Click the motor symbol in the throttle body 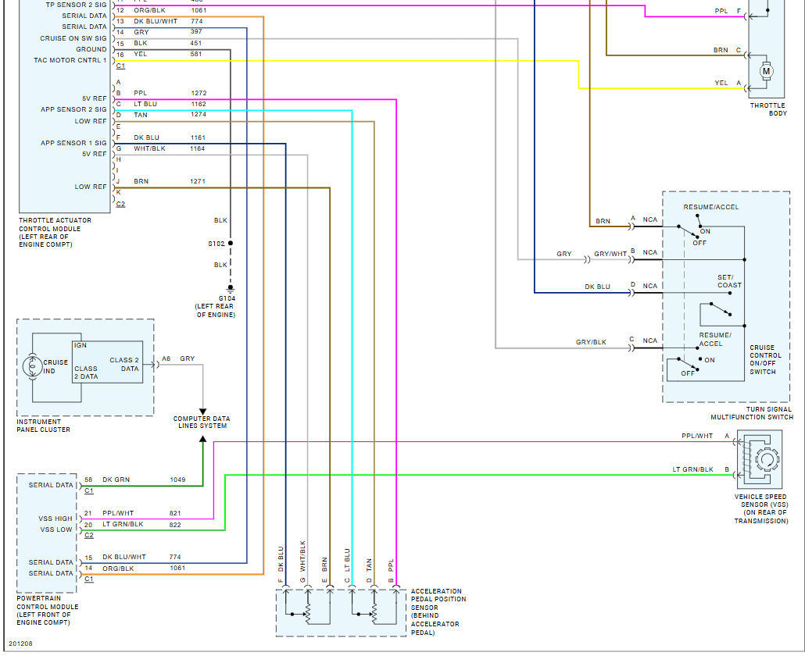click(x=766, y=71)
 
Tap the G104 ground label click(x=227, y=298)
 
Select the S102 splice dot click(x=230, y=244)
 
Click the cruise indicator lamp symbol click(x=32, y=365)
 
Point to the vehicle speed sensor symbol click(x=762, y=462)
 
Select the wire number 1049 click(x=177, y=480)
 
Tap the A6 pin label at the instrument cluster click(x=166, y=358)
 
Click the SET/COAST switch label click(x=729, y=281)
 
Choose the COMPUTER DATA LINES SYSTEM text click(x=201, y=422)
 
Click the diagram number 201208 click(x=21, y=644)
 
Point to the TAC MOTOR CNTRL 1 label click(x=70, y=60)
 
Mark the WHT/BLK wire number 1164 click(x=197, y=148)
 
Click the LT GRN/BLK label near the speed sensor click(x=692, y=469)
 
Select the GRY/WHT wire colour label click(x=610, y=254)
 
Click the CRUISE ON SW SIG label click(x=73, y=38)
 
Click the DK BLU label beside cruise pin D click(x=597, y=287)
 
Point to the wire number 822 click(x=175, y=525)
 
